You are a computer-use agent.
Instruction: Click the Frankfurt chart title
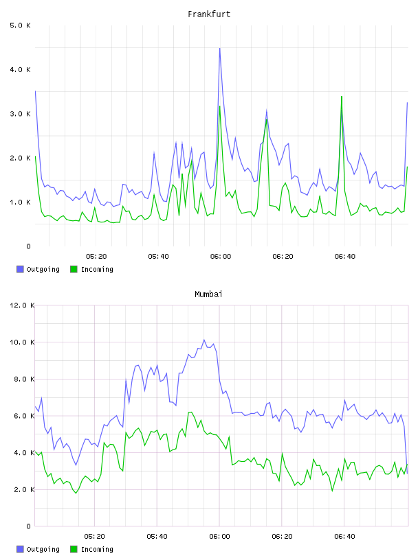click(209, 14)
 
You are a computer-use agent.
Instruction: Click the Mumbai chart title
click(208, 294)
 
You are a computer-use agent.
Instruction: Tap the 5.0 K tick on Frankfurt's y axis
click(21, 25)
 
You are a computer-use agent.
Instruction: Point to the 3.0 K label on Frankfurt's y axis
click(21, 114)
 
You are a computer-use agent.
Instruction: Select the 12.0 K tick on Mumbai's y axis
click(22, 305)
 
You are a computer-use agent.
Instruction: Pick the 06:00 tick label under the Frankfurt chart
click(221, 257)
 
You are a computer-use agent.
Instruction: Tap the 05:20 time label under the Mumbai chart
click(94, 537)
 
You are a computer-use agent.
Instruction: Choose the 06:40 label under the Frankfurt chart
click(345, 257)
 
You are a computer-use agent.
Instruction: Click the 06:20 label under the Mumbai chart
click(282, 537)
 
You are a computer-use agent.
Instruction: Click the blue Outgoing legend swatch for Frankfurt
click(20, 269)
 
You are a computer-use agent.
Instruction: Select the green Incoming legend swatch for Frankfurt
click(74, 269)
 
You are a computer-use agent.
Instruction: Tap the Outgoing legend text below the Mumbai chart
click(43, 549)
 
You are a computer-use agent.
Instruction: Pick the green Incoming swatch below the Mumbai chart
click(74, 549)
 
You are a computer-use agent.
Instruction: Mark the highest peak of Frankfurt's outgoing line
click(220, 48)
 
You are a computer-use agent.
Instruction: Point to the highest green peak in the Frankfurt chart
click(342, 97)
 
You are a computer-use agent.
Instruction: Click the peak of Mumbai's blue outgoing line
click(204, 340)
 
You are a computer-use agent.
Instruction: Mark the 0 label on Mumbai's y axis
click(29, 526)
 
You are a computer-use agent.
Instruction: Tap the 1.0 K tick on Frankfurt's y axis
click(21, 202)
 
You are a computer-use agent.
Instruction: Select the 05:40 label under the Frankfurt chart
click(158, 257)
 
